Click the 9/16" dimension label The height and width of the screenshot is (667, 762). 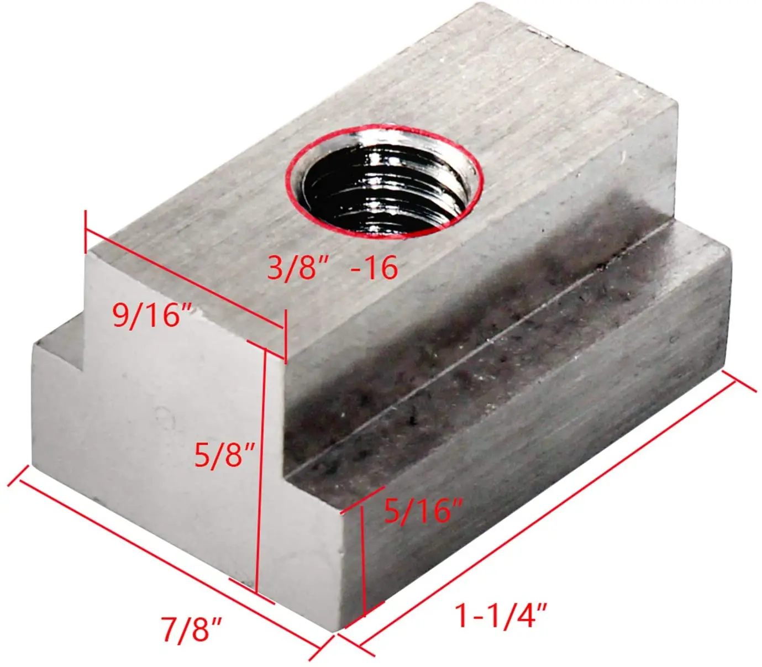148,315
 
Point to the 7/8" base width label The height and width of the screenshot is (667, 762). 192,628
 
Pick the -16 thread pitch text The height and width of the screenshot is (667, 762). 374,268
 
